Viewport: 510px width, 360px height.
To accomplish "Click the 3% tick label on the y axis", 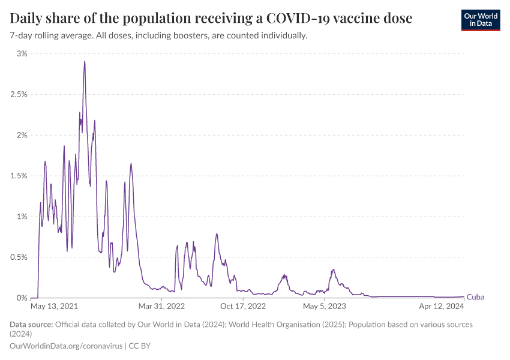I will (x=22, y=54).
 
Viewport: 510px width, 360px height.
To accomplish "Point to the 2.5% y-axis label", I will (x=18, y=95).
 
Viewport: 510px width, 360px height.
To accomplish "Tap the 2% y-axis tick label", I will (x=22, y=135).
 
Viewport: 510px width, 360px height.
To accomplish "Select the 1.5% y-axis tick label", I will (x=18, y=176).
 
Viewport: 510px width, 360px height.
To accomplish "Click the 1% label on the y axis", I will (x=22, y=217).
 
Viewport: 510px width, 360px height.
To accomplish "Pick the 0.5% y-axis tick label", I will (x=18, y=257).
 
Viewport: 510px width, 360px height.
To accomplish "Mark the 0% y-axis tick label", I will (x=22, y=298).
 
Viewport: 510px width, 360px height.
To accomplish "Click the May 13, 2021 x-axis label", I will (x=54, y=306).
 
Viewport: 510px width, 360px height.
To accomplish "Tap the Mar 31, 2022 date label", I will (x=161, y=306).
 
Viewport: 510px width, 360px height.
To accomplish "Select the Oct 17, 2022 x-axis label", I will (x=243, y=306).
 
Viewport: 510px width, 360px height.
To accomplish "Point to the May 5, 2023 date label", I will (x=325, y=306).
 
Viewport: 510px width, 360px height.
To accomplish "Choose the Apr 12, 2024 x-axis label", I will (x=442, y=306).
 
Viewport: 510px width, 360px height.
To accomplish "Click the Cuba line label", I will (x=475, y=297).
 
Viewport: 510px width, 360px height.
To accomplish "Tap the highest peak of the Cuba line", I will (x=85, y=61).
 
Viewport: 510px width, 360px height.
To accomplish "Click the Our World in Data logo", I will (x=480, y=20).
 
